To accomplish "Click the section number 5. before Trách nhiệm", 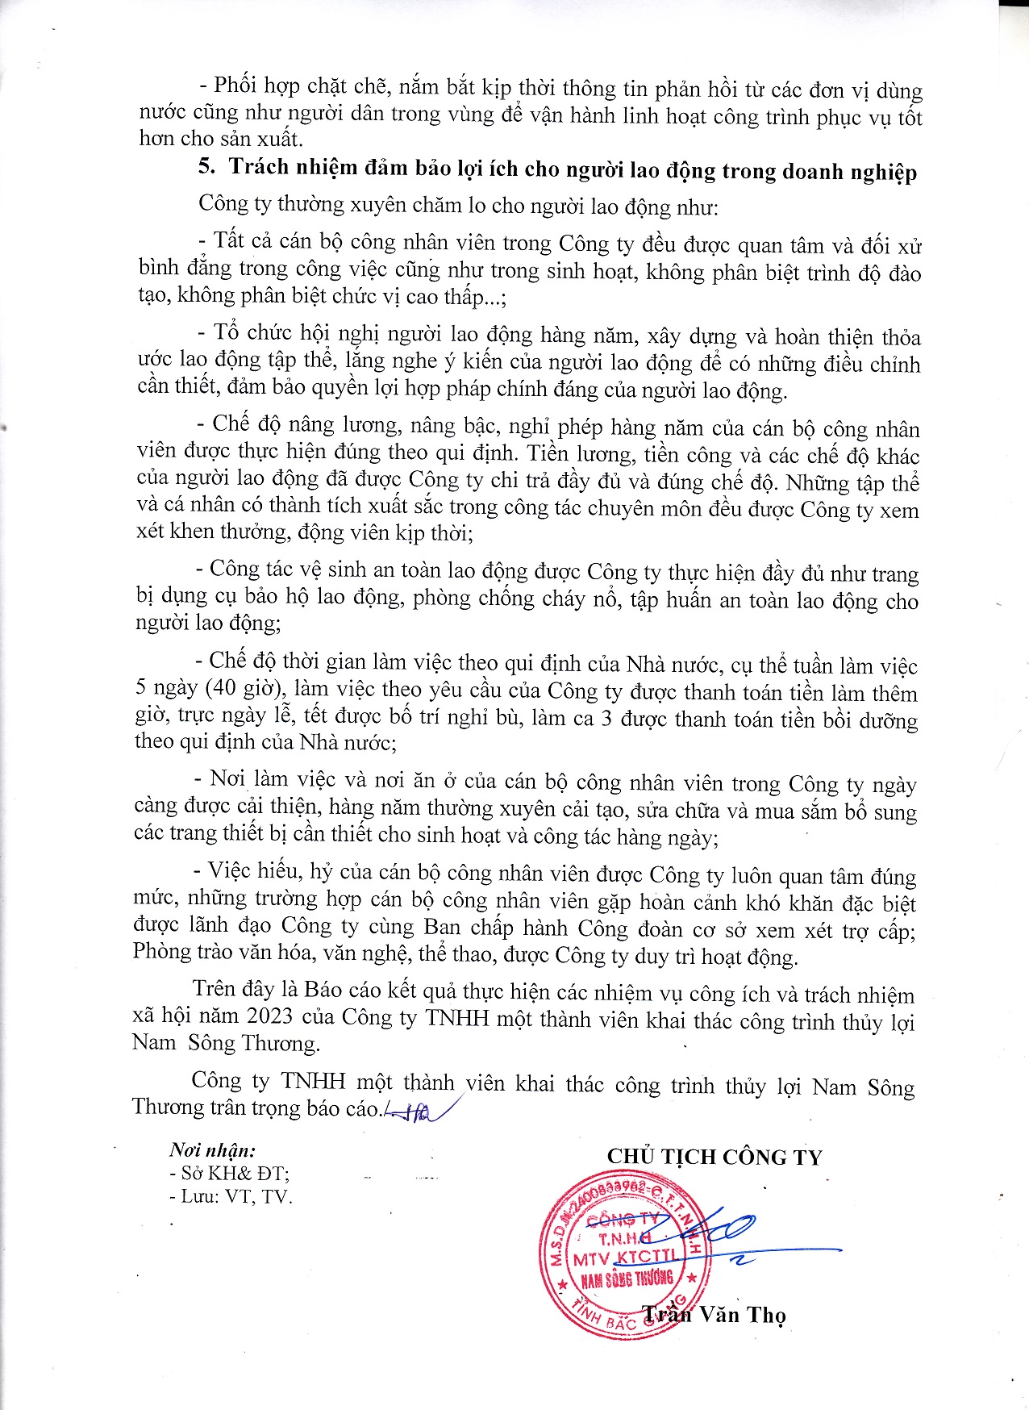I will (206, 166).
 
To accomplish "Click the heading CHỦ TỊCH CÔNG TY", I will (714, 1157).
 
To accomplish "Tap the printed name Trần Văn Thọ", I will (714, 1315).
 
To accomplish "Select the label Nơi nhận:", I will (212, 1150).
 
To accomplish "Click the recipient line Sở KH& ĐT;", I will (229, 1174).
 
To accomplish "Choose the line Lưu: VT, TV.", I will (231, 1196).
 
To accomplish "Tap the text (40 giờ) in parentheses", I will (244, 688).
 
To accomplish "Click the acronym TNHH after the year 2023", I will (457, 1017).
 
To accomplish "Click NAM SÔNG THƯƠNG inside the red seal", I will (627, 1279).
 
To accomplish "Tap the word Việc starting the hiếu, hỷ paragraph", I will (231, 871).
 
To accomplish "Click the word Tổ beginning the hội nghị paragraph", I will (227, 332).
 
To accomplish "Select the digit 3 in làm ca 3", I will (606, 718).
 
